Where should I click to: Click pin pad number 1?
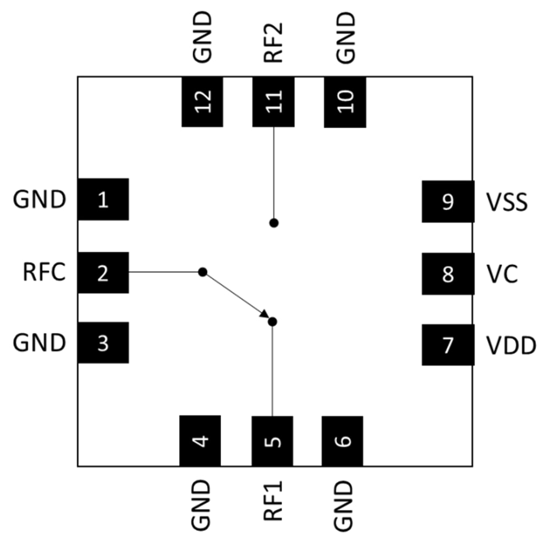point(103,200)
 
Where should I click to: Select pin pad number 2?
point(103,273)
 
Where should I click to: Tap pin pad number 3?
point(103,343)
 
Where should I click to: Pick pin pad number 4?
point(200,441)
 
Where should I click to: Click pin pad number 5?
point(272,441)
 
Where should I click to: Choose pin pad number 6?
point(342,441)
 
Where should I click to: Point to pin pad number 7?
point(448,345)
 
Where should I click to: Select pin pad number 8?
point(448,274)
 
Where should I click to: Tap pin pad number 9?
point(448,202)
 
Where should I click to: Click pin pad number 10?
point(345,102)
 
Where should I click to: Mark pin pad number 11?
point(273,102)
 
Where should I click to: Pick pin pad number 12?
point(202,102)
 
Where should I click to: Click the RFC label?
point(45,273)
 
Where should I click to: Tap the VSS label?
point(507,202)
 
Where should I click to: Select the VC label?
point(502,274)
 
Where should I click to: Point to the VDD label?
point(511,345)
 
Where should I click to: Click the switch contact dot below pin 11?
point(273,223)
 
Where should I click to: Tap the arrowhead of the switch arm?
point(264,314)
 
